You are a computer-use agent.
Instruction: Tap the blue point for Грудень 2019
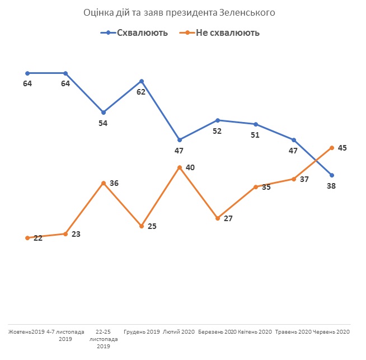tap(141, 81)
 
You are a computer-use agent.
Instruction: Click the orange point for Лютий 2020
tap(179, 167)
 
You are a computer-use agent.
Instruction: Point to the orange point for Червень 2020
tap(332, 148)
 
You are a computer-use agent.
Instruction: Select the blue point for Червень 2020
tap(332, 175)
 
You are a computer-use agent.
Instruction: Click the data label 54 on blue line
tap(103, 123)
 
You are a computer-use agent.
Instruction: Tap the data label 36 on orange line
tap(114, 183)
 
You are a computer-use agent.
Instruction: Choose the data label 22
tap(37, 237)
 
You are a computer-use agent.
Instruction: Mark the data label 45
tap(342, 148)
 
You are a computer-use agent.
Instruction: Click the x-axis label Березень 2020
tap(217, 332)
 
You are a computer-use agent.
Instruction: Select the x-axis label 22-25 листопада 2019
tap(103, 339)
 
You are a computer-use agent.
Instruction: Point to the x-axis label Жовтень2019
tap(26, 332)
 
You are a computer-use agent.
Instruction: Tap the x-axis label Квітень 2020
tap(255, 332)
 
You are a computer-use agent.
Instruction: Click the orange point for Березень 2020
tap(217, 218)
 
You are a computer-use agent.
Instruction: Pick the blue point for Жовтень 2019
tap(27, 73)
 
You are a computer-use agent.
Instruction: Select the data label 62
tap(141, 92)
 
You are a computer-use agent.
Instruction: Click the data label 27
tap(228, 219)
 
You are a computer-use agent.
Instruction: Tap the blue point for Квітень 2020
tap(255, 124)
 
